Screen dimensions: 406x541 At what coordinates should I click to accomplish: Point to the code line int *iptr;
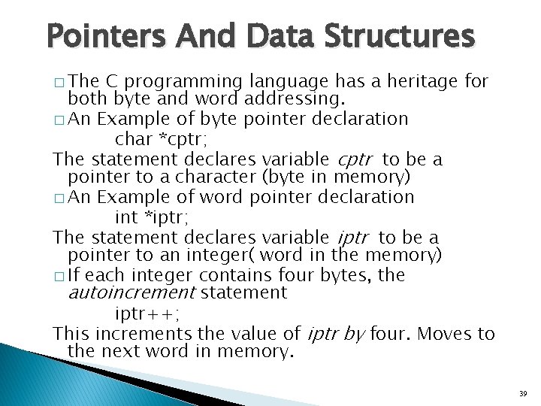[x=152, y=217]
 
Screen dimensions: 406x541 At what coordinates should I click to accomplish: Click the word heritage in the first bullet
[x=414, y=80]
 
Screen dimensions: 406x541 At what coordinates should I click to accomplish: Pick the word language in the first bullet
[x=289, y=80]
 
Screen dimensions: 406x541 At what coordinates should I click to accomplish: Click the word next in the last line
[x=122, y=351]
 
